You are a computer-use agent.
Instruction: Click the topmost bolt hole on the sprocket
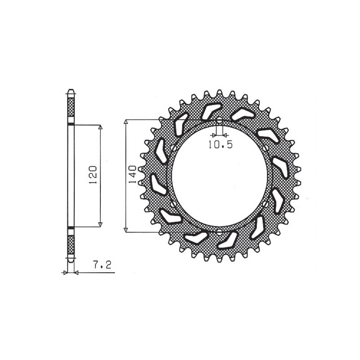pyautogui.click(x=219, y=121)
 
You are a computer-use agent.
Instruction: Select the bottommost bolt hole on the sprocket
pyautogui.click(x=219, y=232)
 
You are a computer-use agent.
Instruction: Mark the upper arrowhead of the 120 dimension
pyautogui.click(x=100, y=127)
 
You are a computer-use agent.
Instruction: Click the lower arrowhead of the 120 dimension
pyautogui.click(x=100, y=225)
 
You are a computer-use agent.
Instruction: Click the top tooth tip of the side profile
pyautogui.click(x=70, y=90)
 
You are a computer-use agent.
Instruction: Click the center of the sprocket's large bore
pyautogui.click(x=219, y=176)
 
